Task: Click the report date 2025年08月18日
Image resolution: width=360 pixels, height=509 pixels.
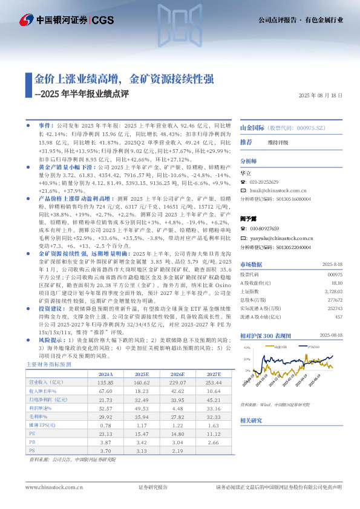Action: (321, 96)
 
